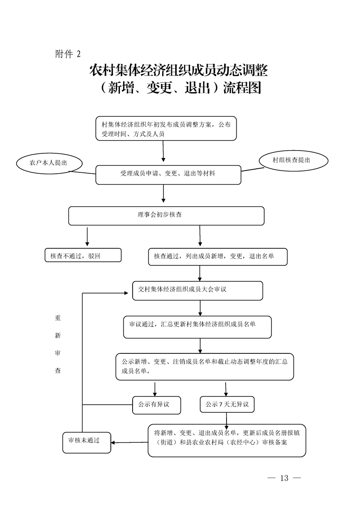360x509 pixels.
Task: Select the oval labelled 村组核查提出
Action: [x=293, y=160]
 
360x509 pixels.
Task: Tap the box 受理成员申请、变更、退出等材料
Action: [x=168, y=174]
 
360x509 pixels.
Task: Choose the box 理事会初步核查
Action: [x=166, y=215]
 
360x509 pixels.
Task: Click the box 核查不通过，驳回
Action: [x=83, y=255]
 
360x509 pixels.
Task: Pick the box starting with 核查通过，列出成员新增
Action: [x=217, y=256]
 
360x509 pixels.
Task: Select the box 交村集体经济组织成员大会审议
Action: [x=197, y=290]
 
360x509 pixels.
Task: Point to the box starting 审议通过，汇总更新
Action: [x=197, y=327]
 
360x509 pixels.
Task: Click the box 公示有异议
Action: [x=156, y=404]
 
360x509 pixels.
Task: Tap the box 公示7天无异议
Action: [x=227, y=404]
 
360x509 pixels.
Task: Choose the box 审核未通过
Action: [x=86, y=442]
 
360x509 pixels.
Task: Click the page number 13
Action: [x=285, y=478]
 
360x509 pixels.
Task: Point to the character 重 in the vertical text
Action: [x=58, y=318]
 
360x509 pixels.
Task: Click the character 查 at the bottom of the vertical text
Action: [x=58, y=371]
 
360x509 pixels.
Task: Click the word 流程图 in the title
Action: [x=242, y=88]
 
